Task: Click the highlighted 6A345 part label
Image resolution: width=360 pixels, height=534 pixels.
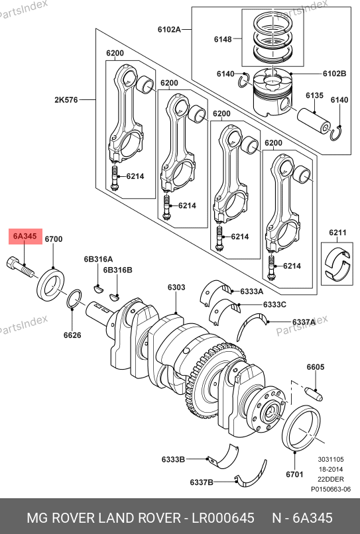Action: tap(25, 236)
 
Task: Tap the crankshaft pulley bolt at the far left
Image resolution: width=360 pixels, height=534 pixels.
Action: tap(21, 267)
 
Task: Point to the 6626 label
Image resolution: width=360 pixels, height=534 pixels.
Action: tap(72, 335)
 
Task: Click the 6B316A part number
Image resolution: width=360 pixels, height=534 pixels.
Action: tap(99, 259)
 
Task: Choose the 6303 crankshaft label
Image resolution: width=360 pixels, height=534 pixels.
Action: tap(176, 288)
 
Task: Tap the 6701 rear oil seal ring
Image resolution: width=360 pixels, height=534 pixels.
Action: tap(302, 429)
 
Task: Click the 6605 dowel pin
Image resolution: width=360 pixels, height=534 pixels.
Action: tap(315, 394)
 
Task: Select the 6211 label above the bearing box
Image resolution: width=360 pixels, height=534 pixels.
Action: tap(337, 233)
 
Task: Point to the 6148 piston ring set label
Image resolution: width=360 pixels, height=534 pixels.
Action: tap(223, 39)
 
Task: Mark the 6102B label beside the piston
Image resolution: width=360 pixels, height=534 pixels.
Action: tap(334, 74)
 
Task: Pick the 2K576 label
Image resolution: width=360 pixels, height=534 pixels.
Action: tap(66, 100)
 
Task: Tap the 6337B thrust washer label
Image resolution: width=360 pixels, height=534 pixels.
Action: tap(202, 482)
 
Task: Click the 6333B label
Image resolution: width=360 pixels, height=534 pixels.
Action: tap(173, 459)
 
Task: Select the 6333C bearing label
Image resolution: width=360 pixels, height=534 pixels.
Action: tap(274, 305)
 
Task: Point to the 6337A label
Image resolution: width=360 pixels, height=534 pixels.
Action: tap(304, 322)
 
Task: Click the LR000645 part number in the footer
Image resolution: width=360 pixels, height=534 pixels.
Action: tap(223, 518)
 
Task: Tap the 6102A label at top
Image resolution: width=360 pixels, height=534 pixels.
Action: tap(169, 29)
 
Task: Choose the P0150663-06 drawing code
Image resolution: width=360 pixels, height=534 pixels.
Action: tap(331, 490)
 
